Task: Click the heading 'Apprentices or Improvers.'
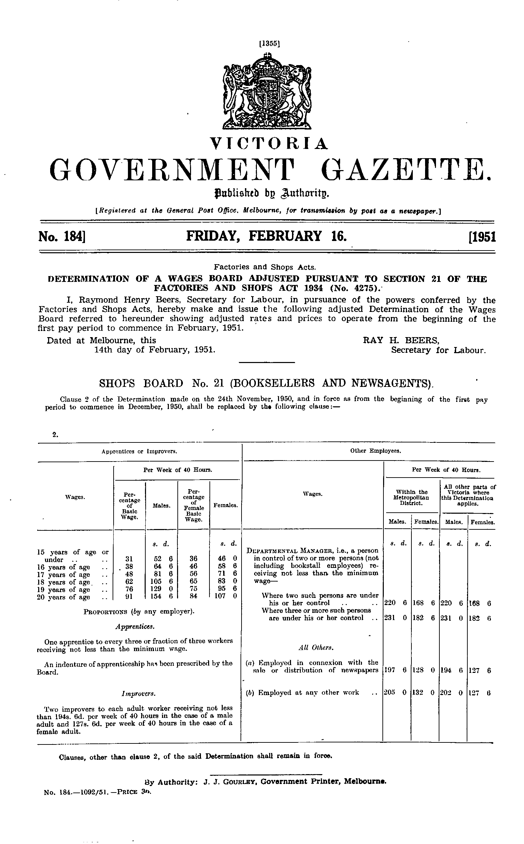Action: (139, 451)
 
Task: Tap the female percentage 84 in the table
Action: (193, 597)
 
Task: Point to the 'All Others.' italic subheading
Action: (311, 647)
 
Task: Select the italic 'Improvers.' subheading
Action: (138, 694)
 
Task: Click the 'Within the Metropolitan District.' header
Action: (412, 497)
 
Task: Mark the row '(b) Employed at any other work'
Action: (302, 692)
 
